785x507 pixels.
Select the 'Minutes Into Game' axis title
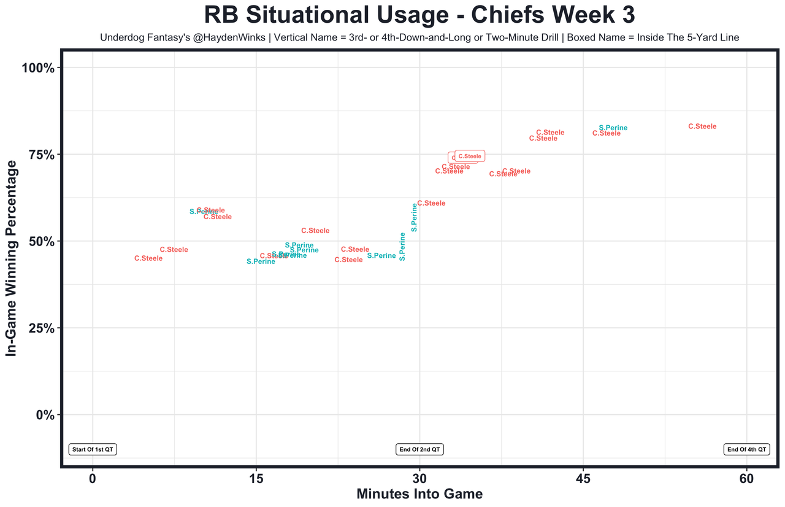(x=419, y=493)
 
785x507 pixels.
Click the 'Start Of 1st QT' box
(x=93, y=449)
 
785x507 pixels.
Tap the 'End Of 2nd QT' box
(x=420, y=449)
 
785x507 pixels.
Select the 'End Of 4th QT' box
(x=746, y=449)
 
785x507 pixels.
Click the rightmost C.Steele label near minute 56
(x=702, y=126)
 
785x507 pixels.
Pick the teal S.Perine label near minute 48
(x=613, y=128)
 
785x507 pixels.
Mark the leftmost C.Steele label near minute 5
(x=148, y=258)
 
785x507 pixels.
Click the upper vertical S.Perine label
(x=414, y=217)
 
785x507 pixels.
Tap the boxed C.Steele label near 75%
(x=470, y=157)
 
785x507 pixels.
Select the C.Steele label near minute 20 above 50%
(x=315, y=231)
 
